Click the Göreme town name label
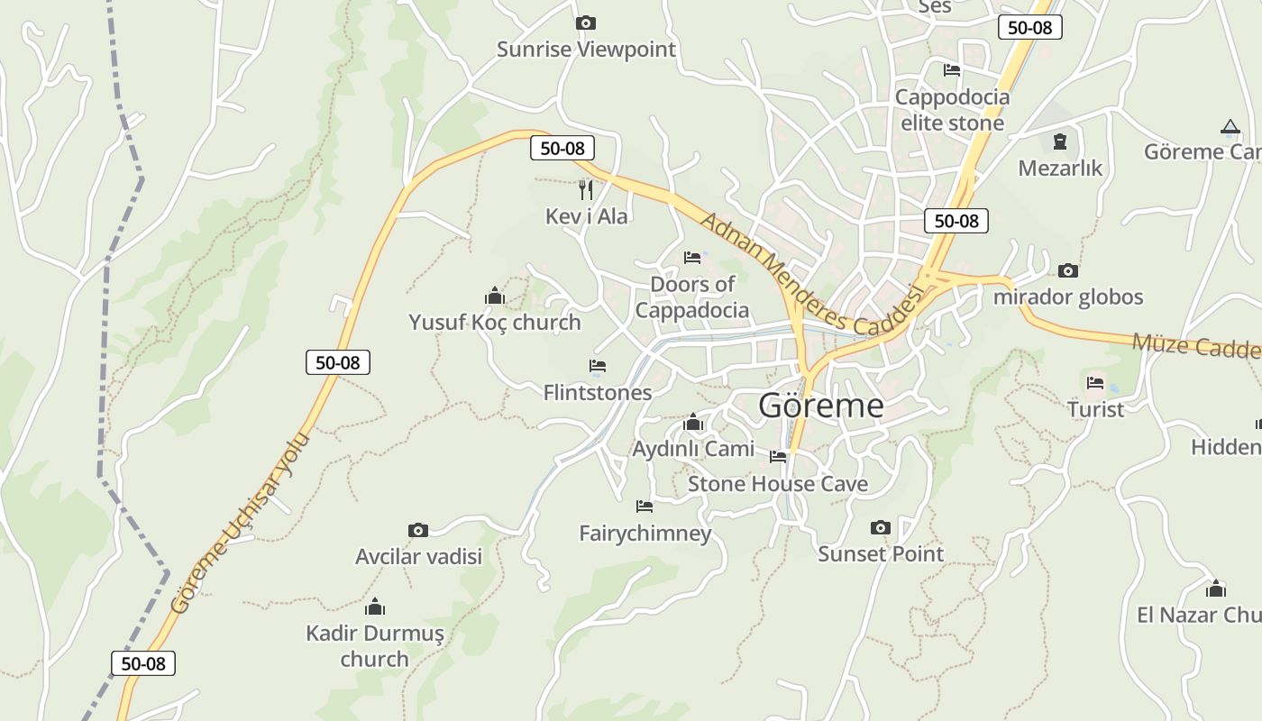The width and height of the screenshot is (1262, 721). tap(820, 406)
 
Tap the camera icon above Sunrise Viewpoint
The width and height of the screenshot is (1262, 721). tap(585, 23)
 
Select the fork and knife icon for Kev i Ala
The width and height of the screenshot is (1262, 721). tap(586, 189)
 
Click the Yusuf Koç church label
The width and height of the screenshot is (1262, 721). tap(494, 322)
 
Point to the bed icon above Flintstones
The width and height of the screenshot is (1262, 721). tap(597, 366)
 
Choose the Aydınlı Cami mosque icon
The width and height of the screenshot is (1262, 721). tap(692, 422)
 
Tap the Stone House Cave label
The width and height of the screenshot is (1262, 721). tap(777, 484)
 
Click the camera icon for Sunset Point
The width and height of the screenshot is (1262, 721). tap(881, 527)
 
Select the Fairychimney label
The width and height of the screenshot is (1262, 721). tap(645, 534)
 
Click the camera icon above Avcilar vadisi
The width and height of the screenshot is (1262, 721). tap(417, 530)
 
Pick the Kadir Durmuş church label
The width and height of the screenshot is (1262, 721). tap(374, 645)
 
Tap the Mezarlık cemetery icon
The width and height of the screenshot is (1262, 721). tap(1059, 141)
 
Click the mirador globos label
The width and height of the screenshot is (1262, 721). tap(1067, 297)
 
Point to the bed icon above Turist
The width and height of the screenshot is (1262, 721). tap(1095, 383)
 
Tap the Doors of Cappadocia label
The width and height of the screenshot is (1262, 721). tap(691, 297)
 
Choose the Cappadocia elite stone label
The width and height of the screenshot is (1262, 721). tap(952, 109)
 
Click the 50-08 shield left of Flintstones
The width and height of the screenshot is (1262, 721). tap(338, 362)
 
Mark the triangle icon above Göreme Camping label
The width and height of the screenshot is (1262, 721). tap(1230, 127)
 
